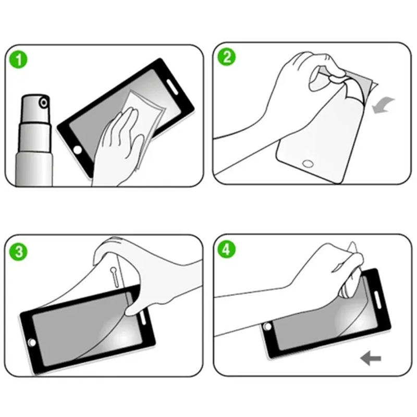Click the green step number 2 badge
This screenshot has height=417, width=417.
coord(227,57)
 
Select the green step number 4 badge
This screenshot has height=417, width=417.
coord(227,250)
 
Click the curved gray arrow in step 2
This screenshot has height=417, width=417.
coord(384,104)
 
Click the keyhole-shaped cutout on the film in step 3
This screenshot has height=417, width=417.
coord(114,274)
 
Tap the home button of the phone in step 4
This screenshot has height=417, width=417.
coord(267,327)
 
